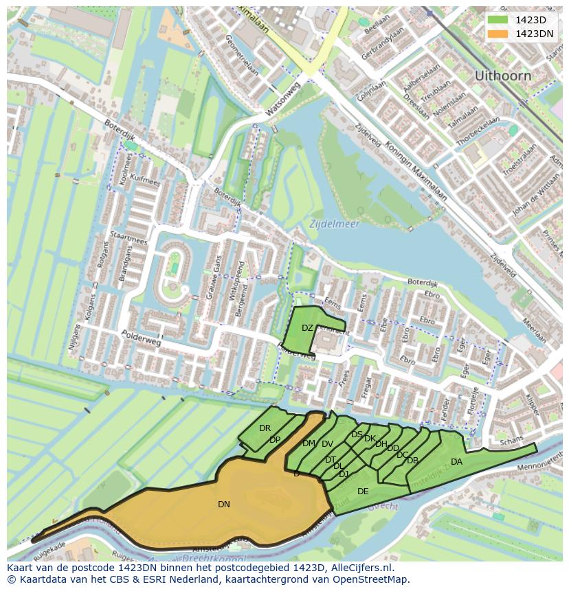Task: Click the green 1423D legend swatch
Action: click(498, 20)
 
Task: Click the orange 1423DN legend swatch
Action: click(498, 34)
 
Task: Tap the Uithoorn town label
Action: click(502, 76)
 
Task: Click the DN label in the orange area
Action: click(224, 505)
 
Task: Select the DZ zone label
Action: click(307, 328)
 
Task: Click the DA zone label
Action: click(456, 462)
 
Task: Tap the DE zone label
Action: click(363, 491)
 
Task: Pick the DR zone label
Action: click(265, 428)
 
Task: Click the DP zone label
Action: click(275, 440)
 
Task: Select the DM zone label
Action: click(309, 443)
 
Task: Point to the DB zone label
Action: click(412, 461)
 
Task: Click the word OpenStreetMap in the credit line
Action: click(375, 579)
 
